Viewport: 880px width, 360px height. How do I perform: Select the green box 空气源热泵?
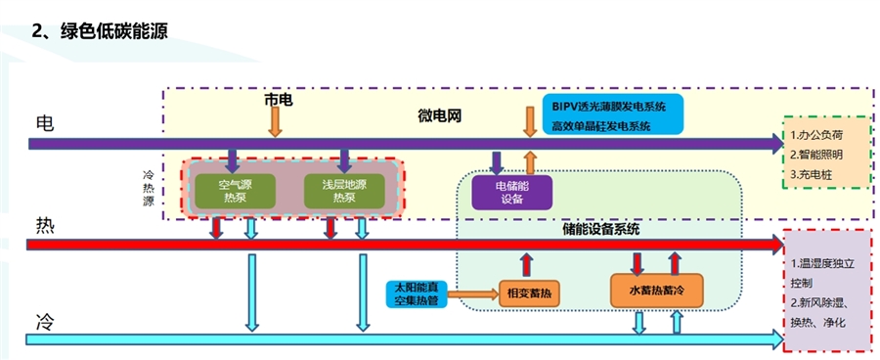[x=235, y=190]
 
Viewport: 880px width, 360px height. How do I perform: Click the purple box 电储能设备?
[x=511, y=192]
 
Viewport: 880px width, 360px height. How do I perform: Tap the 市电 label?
[x=277, y=100]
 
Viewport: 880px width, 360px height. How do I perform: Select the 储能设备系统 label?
[x=601, y=230]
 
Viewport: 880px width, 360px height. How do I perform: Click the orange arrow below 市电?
[x=276, y=121]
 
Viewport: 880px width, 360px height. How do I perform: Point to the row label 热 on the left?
[x=45, y=224]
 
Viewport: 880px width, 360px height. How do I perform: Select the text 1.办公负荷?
[x=815, y=133]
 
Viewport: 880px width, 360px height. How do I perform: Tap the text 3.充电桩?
[x=811, y=174]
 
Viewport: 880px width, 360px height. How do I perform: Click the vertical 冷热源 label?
[x=149, y=187]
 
